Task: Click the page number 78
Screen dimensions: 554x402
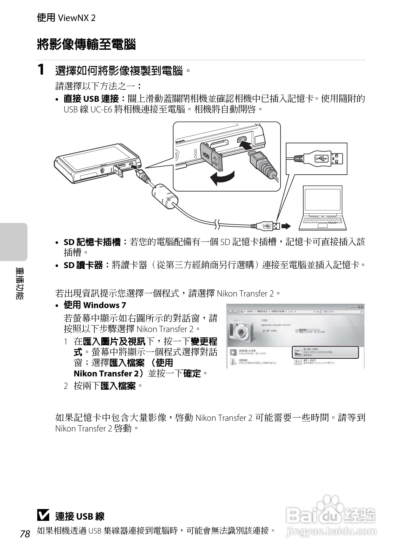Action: point(25,534)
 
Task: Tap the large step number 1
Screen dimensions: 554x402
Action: point(41,70)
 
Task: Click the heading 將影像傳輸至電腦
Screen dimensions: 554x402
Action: point(86,44)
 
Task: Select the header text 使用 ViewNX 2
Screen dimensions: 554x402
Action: point(66,18)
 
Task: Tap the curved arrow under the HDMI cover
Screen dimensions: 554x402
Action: point(222,178)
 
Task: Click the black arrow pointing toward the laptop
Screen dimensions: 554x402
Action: point(286,226)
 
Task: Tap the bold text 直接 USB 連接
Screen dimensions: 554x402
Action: point(91,99)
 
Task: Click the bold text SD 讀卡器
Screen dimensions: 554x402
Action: point(83,265)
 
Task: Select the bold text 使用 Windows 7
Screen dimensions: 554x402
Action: point(95,305)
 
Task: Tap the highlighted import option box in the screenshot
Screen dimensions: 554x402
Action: point(325,352)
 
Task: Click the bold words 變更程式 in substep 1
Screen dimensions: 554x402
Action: point(204,342)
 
